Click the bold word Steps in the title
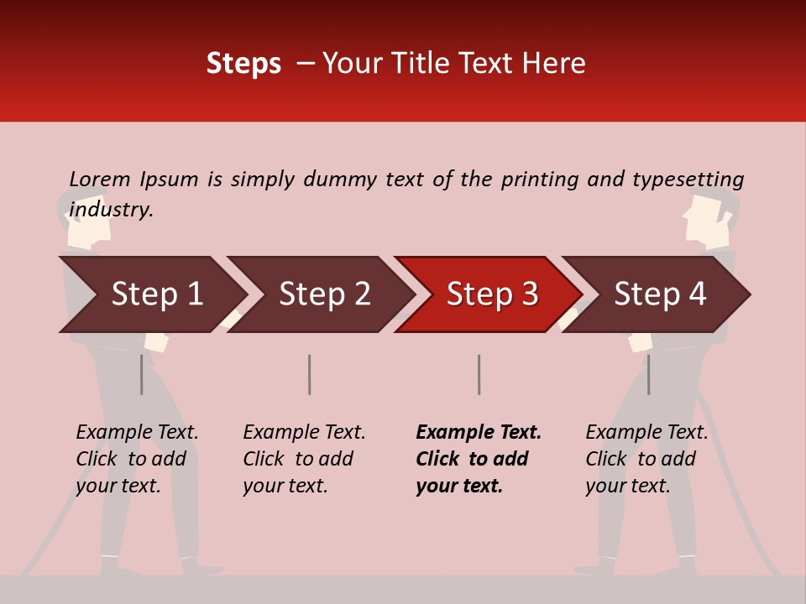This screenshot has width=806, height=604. (243, 64)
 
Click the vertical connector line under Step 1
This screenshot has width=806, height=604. (141, 374)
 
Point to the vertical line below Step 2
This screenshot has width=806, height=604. (310, 374)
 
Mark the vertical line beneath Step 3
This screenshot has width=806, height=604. (479, 374)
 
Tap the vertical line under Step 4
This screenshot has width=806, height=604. (648, 374)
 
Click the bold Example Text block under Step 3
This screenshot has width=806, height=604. (479, 459)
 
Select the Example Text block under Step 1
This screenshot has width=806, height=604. (137, 459)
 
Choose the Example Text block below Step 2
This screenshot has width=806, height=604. (304, 459)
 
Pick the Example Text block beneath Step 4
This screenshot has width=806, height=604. (646, 459)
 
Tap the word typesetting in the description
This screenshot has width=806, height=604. (688, 180)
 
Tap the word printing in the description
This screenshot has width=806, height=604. (536, 180)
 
